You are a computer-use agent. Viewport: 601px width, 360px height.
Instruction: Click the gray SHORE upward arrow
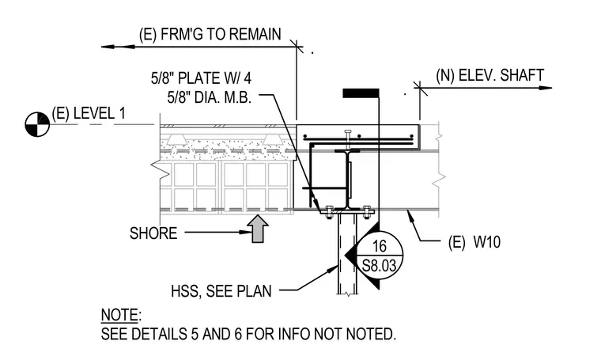pyautogui.click(x=259, y=229)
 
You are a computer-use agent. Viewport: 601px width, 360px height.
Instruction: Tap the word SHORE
pyautogui.click(x=153, y=233)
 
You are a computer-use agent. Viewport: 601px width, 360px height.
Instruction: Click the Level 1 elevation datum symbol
pyautogui.click(x=37, y=124)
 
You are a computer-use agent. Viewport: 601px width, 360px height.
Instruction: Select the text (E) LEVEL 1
pyautogui.click(x=89, y=113)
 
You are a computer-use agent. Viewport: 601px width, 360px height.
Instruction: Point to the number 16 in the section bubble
pyautogui.click(x=379, y=246)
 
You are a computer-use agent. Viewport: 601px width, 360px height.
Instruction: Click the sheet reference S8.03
pyautogui.click(x=379, y=265)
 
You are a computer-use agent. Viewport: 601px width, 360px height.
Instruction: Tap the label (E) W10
pyautogui.click(x=474, y=242)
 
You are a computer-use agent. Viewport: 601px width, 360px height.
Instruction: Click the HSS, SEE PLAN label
pyautogui.click(x=221, y=291)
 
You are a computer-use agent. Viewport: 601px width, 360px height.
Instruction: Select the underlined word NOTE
pyautogui.click(x=119, y=315)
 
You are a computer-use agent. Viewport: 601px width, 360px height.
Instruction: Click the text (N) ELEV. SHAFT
pyautogui.click(x=489, y=75)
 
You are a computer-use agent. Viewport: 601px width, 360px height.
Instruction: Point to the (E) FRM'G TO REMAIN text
pyautogui.click(x=210, y=34)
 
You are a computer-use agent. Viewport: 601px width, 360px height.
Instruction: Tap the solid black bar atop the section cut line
pyautogui.click(x=361, y=93)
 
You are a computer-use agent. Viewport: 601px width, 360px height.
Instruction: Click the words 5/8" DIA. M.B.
pyautogui.click(x=210, y=97)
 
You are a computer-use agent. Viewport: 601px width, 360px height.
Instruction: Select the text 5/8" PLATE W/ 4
pyautogui.click(x=201, y=78)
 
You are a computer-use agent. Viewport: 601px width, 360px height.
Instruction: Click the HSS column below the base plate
pyautogui.click(x=347, y=254)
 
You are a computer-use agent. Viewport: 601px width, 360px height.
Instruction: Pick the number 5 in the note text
pyautogui.click(x=195, y=334)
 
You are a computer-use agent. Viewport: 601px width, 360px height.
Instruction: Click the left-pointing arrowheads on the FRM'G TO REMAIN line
pyautogui.click(x=118, y=47)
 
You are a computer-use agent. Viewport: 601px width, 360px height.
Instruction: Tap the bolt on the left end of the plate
pyautogui.click(x=328, y=211)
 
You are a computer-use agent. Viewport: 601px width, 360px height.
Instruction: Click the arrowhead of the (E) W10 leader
pyautogui.click(x=410, y=214)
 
